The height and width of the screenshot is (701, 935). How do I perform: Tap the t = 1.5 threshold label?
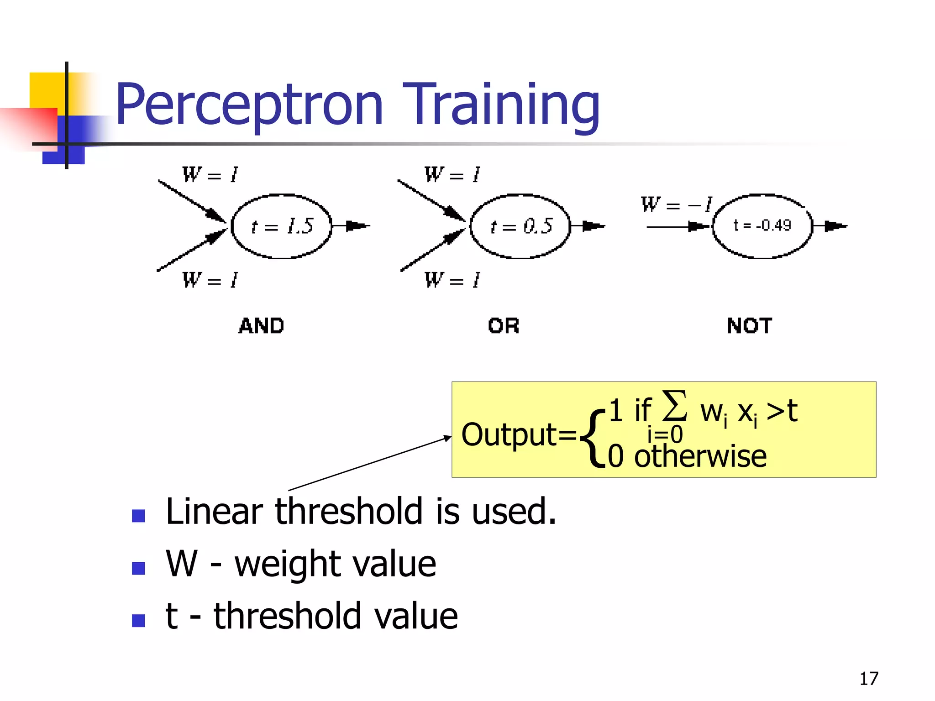coord(282,226)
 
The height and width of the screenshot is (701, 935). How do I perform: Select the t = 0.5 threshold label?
coord(521,226)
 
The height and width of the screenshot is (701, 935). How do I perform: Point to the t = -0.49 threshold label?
coord(762,225)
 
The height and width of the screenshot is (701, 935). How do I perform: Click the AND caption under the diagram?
coord(261,326)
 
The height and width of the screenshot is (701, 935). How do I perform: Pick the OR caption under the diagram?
coord(504,326)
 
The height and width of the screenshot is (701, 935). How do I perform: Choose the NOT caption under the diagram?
coord(750,326)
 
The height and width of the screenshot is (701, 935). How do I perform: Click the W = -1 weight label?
coord(676,204)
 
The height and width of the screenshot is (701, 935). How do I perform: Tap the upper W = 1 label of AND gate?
coord(210,174)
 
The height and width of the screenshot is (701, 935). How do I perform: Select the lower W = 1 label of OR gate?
coord(452,280)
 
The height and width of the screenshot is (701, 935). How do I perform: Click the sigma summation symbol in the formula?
coord(674,405)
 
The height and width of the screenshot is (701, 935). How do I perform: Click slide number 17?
coord(868,679)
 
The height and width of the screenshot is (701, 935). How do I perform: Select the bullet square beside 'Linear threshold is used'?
coord(138,516)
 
